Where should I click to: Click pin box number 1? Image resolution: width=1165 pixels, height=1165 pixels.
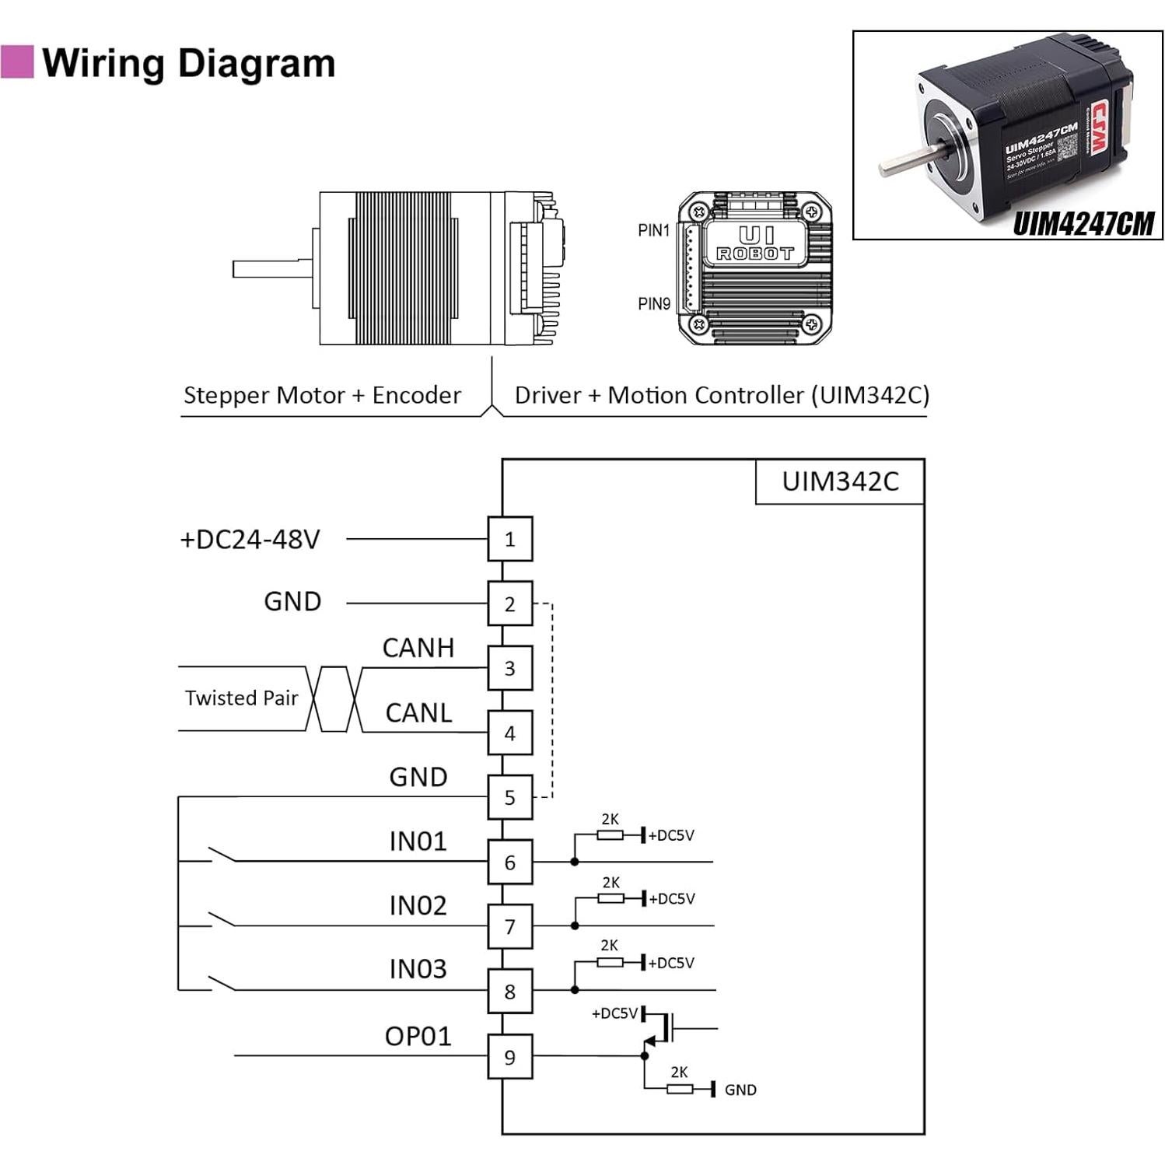pyautogui.click(x=510, y=539)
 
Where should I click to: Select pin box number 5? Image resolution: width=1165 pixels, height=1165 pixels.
pyautogui.click(x=510, y=797)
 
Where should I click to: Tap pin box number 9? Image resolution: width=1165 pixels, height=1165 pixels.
pyautogui.click(x=510, y=1057)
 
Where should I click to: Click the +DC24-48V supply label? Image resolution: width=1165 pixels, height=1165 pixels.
pyautogui.click(x=250, y=540)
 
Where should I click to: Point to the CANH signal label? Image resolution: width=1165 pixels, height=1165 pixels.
pyautogui.click(x=418, y=648)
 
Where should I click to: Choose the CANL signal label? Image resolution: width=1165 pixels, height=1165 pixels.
pyautogui.click(x=418, y=712)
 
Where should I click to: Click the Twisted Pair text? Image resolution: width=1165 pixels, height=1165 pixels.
pyautogui.click(x=241, y=698)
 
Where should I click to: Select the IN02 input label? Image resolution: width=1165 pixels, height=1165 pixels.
pyautogui.click(x=418, y=905)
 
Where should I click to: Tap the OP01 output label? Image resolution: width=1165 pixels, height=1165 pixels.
pyautogui.click(x=418, y=1036)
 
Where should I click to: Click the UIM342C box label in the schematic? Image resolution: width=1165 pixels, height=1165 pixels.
pyautogui.click(x=840, y=481)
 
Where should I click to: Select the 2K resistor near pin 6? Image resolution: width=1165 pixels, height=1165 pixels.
pyautogui.click(x=610, y=835)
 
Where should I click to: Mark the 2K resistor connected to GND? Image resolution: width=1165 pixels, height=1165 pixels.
pyautogui.click(x=680, y=1089)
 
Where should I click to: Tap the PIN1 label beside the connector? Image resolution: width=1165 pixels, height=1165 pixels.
pyautogui.click(x=653, y=230)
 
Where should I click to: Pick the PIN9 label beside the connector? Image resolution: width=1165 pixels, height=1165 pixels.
pyautogui.click(x=654, y=304)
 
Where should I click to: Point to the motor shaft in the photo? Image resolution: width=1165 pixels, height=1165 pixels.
pyautogui.click(x=906, y=163)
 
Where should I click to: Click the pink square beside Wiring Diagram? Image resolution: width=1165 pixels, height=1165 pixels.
pyautogui.click(x=17, y=62)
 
